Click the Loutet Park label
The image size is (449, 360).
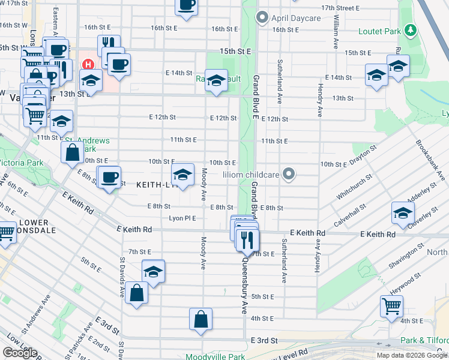(x=380, y=31)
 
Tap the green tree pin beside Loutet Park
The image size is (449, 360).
(x=410, y=29)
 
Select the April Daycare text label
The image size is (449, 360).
(x=296, y=18)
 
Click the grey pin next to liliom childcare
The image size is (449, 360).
(x=289, y=175)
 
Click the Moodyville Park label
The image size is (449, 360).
(x=215, y=356)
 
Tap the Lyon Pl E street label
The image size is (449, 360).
(x=183, y=218)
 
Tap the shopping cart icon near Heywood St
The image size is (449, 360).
(x=391, y=306)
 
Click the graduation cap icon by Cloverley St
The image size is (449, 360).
(x=403, y=212)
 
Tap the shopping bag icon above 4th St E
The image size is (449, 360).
(x=200, y=319)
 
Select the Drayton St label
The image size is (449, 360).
(x=363, y=155)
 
